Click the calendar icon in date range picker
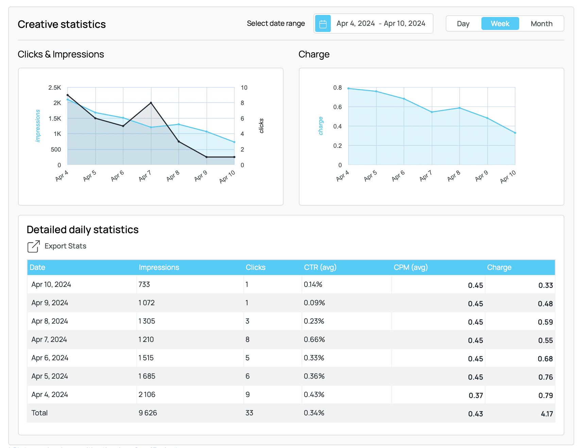click(323, 24)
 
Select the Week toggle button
click(500, 24)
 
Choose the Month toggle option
click(541, 24)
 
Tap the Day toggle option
click(463, 24)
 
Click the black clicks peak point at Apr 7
click(151, 103)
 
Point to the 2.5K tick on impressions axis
click(55, 88)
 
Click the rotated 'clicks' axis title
click(261, 126)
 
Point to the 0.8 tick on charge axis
click(337, 88)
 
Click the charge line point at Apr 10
click(515, 133)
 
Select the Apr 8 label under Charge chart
click(454, 176)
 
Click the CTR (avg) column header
click(320, 268)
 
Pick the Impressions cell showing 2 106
click(147, 395)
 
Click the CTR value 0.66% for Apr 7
click(314, 340)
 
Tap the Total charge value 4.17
click(547, 414)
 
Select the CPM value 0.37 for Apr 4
click(476, 395)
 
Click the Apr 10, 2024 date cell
click(51, 285)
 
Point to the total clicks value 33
click(249, 413)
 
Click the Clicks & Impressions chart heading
click(61, 54)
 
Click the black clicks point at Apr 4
click(68, 95)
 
